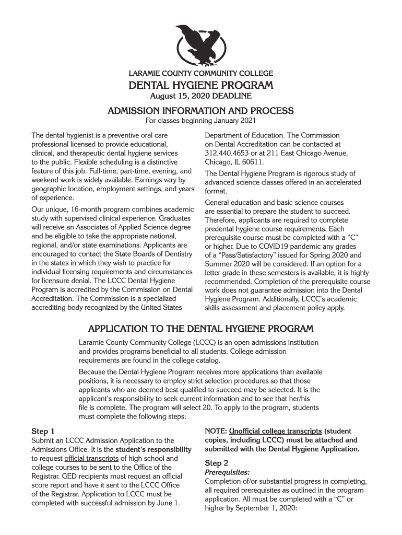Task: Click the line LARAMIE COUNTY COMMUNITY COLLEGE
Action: [200, 74]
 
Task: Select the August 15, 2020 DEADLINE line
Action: [200, 96]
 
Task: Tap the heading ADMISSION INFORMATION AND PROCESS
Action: [200, 111]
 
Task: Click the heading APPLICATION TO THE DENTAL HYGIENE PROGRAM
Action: [200, 329]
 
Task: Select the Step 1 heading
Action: [43, 432]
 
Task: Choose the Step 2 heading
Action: [217, 463]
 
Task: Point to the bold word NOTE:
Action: [215, 431]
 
